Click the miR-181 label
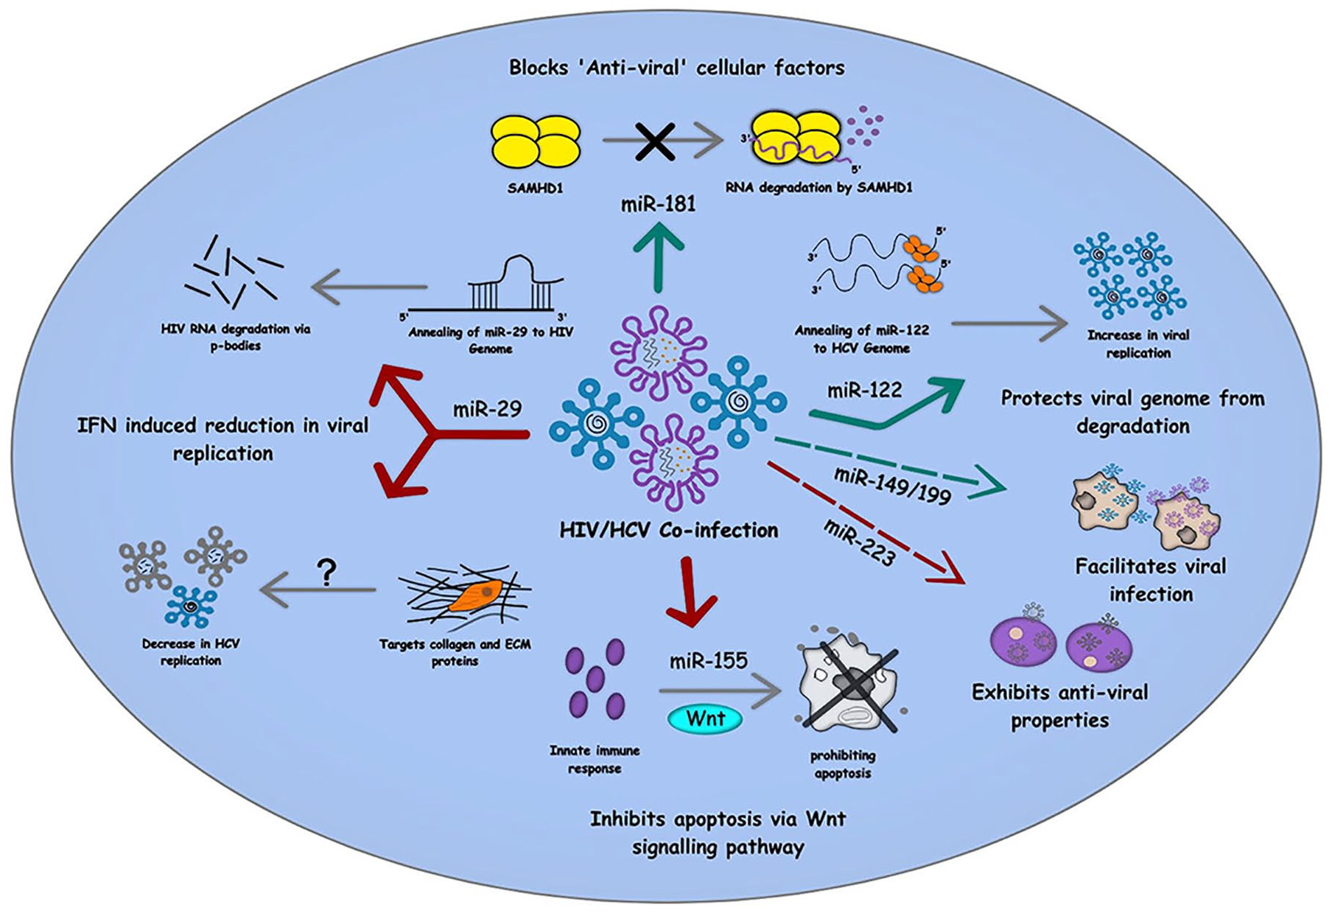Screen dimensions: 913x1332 point(658,203)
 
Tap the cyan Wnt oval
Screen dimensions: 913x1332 point(705,718)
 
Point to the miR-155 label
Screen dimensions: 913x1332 point(708,660)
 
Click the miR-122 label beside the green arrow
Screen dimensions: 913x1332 point(864,390)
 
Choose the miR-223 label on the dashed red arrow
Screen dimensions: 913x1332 point(859,543)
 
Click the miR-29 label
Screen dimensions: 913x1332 point(487,409)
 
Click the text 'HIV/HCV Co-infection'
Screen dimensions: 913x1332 point(668,530)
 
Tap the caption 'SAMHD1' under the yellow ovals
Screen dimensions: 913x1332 point(535,188)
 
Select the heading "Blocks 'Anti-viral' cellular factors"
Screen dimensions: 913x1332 point(676,68)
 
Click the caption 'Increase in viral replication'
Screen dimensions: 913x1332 point(1138,343)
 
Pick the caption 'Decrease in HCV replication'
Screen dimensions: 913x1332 point(191,651)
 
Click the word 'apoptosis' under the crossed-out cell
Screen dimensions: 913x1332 point(842,773)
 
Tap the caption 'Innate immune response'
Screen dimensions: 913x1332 point(595,759)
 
